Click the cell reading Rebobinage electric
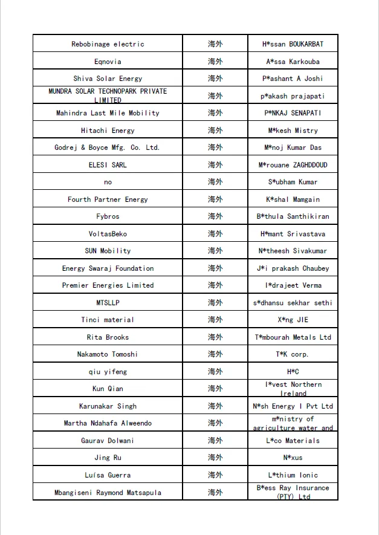click(x=108, y=44)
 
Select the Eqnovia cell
click(x=108, y=62)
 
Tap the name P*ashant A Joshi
click(x=293, y=79)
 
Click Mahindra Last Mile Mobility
click(x=108, y=113)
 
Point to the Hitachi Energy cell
click(x=108, y=131)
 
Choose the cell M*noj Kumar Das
click(x=293, y=148)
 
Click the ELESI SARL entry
click(x=108, y=165)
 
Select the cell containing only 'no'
click(x=108, y=182)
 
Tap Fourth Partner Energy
click(x=108, y=199)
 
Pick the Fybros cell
click(x=108, y=216)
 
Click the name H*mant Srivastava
click(x=293, y=234)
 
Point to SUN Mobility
click(x=108, y=251)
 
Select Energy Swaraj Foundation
click(x=108, y=268)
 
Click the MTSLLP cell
click(x=108, y=303)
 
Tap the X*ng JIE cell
click(x=293, y=320)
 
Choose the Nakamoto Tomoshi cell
click(x=108, y=354)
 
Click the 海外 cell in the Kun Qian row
click(x=215, y=389)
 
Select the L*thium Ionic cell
click(x=293, y=475)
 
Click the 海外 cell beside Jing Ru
click(x=215, y=458)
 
